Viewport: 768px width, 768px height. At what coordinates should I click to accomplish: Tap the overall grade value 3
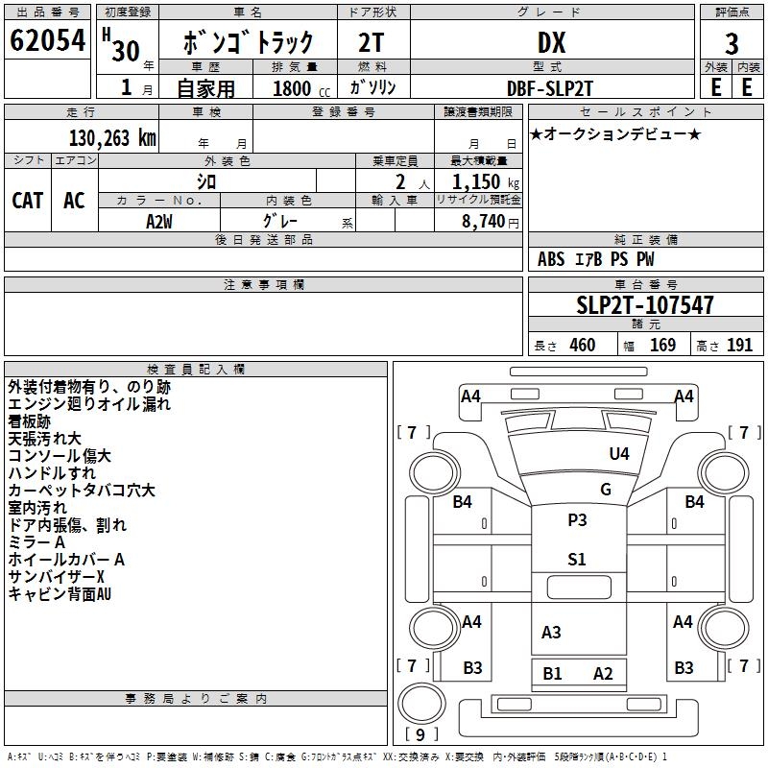click(732, 43)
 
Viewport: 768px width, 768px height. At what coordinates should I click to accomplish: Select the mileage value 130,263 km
click(112, 138)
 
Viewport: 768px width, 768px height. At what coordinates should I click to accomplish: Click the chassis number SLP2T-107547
click(645, 306)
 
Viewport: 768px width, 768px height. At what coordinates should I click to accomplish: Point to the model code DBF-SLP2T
click(551, 86)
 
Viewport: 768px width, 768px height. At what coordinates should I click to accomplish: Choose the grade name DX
click(551, 43)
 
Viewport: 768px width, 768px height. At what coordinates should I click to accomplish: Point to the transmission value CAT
click(27, 200)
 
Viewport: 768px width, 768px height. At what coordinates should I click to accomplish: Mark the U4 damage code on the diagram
click(619, 454)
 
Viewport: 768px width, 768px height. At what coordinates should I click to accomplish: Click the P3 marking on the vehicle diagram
click(577, 520)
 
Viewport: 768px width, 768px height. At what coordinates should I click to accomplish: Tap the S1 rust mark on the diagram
click(577, 560)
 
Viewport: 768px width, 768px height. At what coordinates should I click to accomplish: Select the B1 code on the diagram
click(553, 674)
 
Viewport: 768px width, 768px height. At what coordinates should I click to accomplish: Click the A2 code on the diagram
click(603, 674)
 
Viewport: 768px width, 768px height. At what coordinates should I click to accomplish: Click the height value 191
click(739, 346)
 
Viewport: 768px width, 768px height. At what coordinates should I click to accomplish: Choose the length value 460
click(582, 346)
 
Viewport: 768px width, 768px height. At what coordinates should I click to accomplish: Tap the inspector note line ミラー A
click(38, 542)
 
